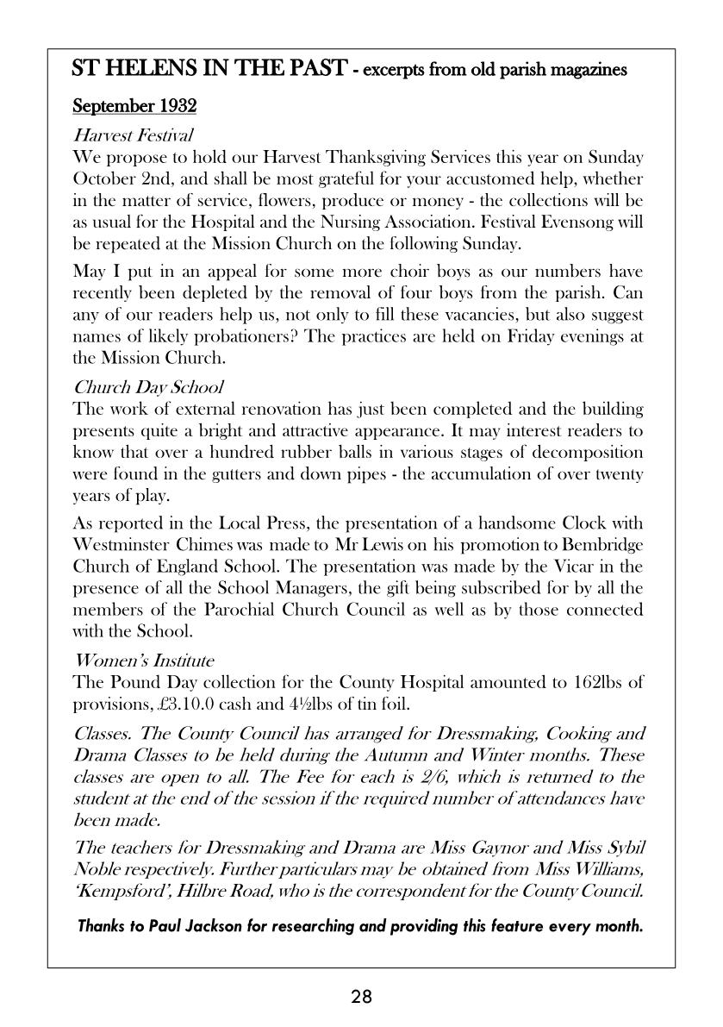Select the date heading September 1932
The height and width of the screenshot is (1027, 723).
click(134, 106)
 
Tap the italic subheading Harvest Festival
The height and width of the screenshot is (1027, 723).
click(133, 135)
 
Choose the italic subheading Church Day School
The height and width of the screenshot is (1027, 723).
click(148, 387)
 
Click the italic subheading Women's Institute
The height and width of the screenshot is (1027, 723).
click(144, 661)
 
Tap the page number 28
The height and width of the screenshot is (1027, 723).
click(361, 998)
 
